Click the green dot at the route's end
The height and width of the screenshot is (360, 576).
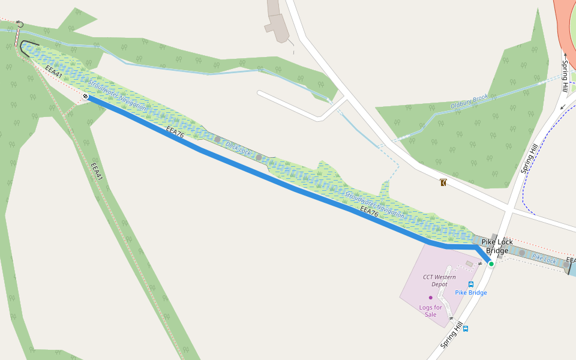pos(491,263)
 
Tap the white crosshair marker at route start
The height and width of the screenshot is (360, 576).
pos(86,96)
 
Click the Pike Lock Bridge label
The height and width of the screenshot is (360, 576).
pos(497,246)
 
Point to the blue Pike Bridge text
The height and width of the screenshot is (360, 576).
pos(470,293)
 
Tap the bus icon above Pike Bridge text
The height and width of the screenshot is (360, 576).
pos(471,284)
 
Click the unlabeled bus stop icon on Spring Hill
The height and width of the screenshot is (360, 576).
pos(466,328)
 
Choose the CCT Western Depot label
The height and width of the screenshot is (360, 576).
pos(440,280)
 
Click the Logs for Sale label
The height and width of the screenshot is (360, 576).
pos(431,311)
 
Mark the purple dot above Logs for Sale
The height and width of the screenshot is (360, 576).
pos(430,298)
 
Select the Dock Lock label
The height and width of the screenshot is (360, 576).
pos(238,148)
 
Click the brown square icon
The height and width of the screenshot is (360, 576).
pos(443,183)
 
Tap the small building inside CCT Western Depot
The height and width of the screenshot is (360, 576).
pos(469,264)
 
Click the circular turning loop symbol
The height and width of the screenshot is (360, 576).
pos(19,24)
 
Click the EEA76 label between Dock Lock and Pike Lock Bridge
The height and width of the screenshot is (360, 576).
pos(369,212)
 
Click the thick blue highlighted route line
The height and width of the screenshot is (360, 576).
pos(270,179)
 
